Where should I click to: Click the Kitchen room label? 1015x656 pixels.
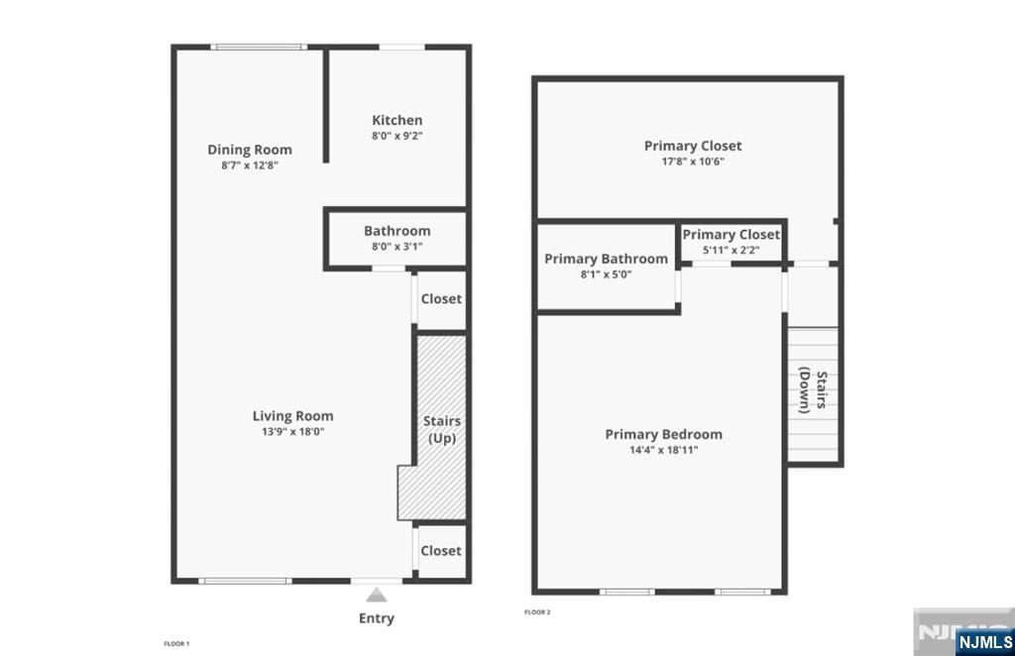point(396,120)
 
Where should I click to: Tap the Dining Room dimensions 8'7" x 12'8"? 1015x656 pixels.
point(249,164)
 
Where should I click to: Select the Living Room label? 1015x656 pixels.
point(292,416)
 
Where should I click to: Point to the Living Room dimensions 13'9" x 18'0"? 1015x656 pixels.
point(292,431)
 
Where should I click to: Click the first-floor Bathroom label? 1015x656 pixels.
point(396,231)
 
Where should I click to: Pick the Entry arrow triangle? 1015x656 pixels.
point(376,595)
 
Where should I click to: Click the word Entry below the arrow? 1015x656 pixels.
point(376,617)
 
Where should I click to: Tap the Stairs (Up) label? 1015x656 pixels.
point(442,429)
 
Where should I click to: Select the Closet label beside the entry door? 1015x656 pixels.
point(441,551)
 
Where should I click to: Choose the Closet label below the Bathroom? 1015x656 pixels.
point(441,299)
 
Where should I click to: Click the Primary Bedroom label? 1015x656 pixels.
point(663,434)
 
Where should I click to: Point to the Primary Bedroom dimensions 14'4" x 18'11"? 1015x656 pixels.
point(663,450)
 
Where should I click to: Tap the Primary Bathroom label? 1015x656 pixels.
point(606,259)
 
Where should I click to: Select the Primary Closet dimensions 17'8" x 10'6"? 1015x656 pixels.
point(693,162)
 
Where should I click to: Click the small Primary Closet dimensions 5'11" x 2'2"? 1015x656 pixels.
point(731,251)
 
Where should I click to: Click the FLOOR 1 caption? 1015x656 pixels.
point(176,644)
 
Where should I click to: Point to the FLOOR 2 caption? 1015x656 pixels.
point(537,612)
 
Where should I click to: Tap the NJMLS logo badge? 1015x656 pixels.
point(984,642)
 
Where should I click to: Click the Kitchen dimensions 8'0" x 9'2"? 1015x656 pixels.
point(396,136)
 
